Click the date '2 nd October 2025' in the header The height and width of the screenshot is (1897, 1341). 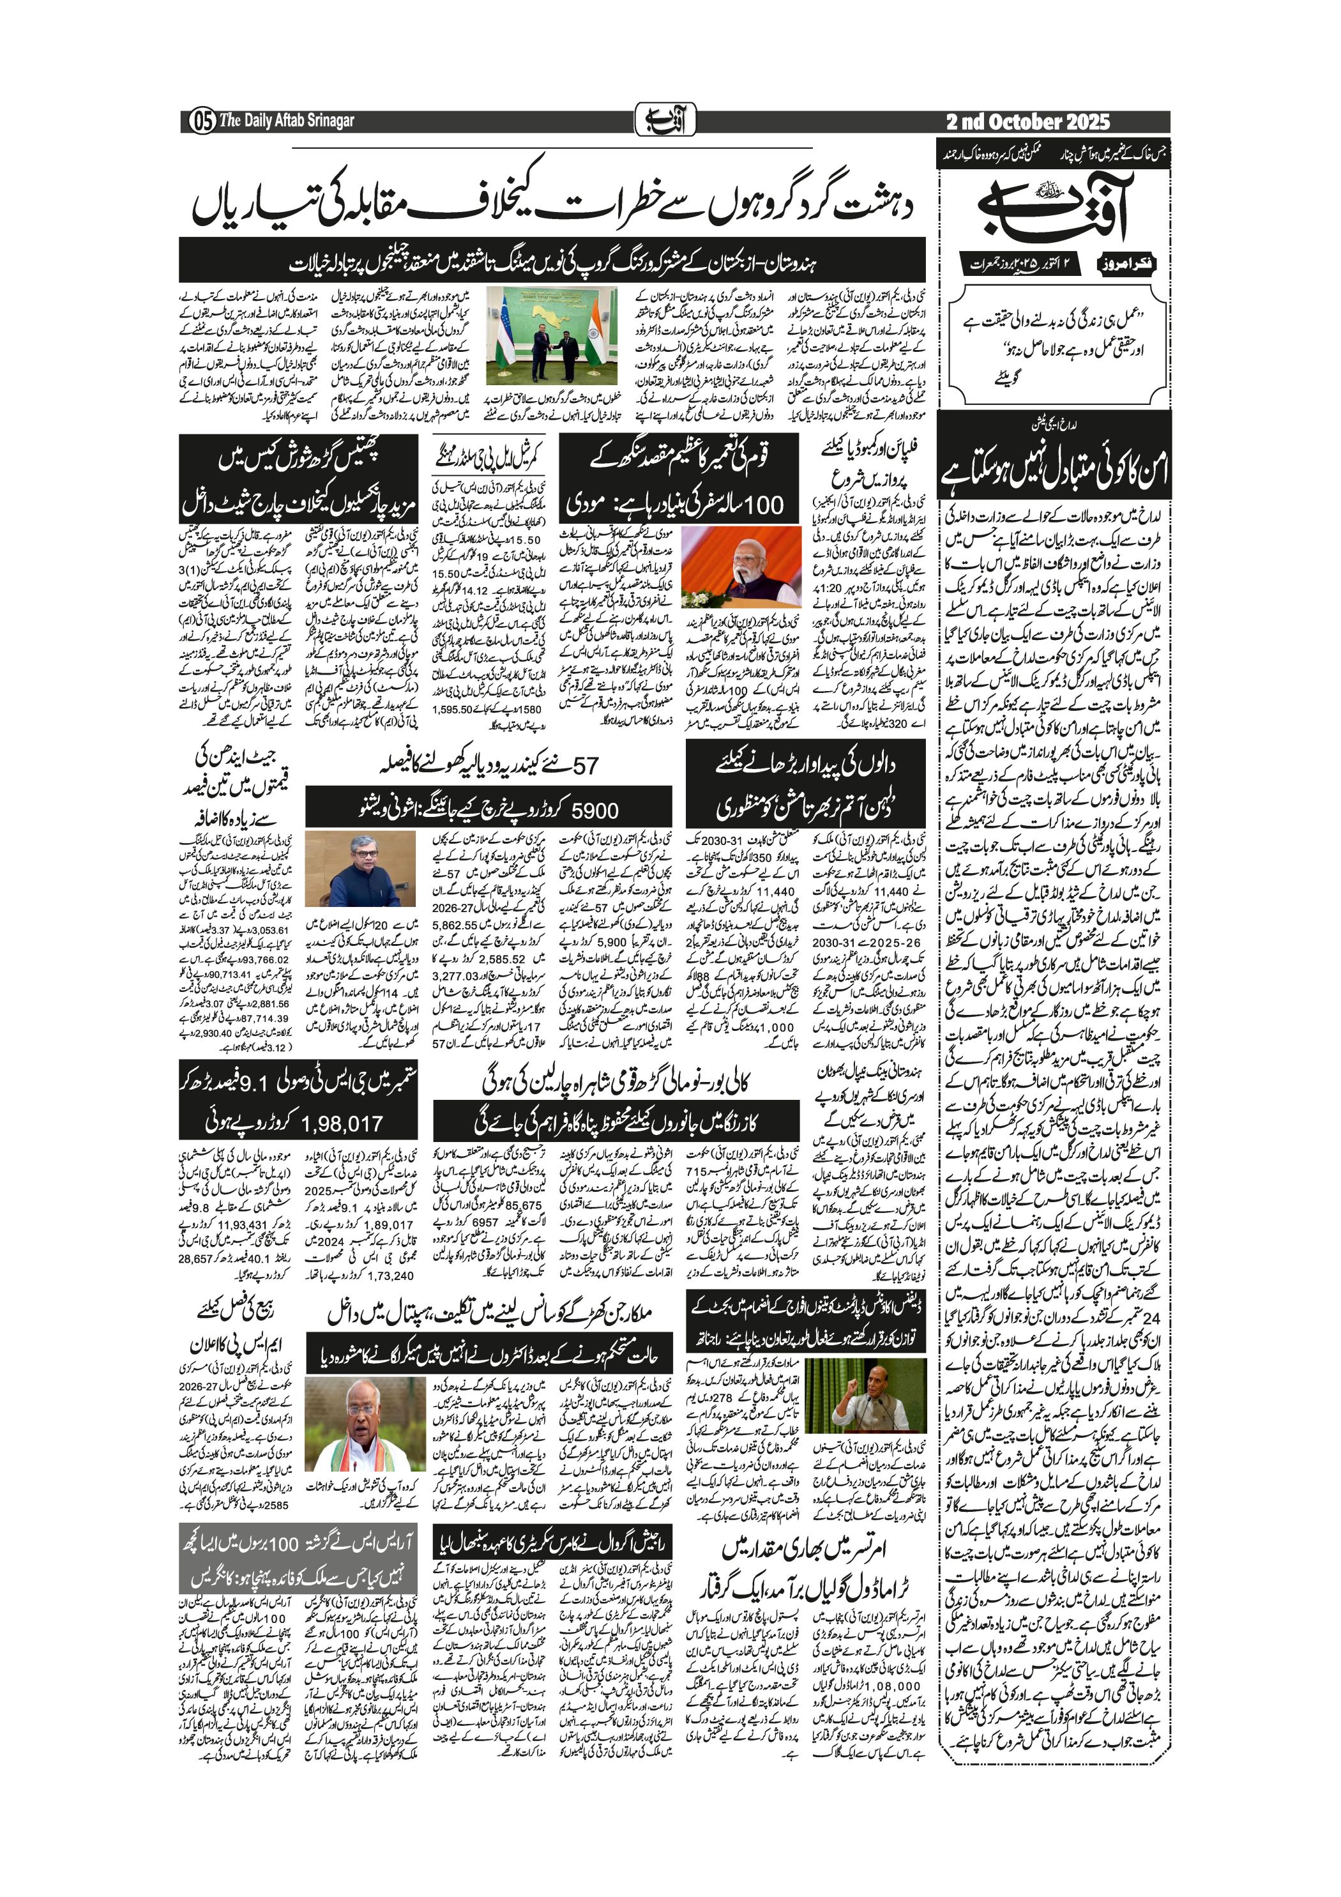(x=1028, y=122)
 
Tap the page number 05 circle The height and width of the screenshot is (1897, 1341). (x=201, y=121)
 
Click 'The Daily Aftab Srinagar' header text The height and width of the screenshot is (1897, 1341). (x=287, y=121)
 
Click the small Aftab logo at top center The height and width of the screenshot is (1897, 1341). (x=666, y=121)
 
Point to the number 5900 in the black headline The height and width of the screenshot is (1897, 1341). (x=595, y=811)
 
